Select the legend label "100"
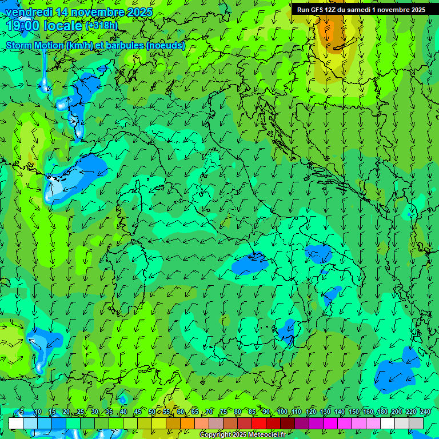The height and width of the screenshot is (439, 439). point(282,412)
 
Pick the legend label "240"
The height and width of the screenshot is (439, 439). point(425,412)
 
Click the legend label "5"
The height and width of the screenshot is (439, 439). point(22,412)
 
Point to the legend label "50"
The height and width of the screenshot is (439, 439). point(151,412)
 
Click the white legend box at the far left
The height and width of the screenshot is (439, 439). point(16,423)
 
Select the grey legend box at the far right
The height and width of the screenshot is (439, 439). point(416,423)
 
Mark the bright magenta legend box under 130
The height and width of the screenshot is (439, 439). point(330,423)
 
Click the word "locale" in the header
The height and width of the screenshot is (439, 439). point(63,26)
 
